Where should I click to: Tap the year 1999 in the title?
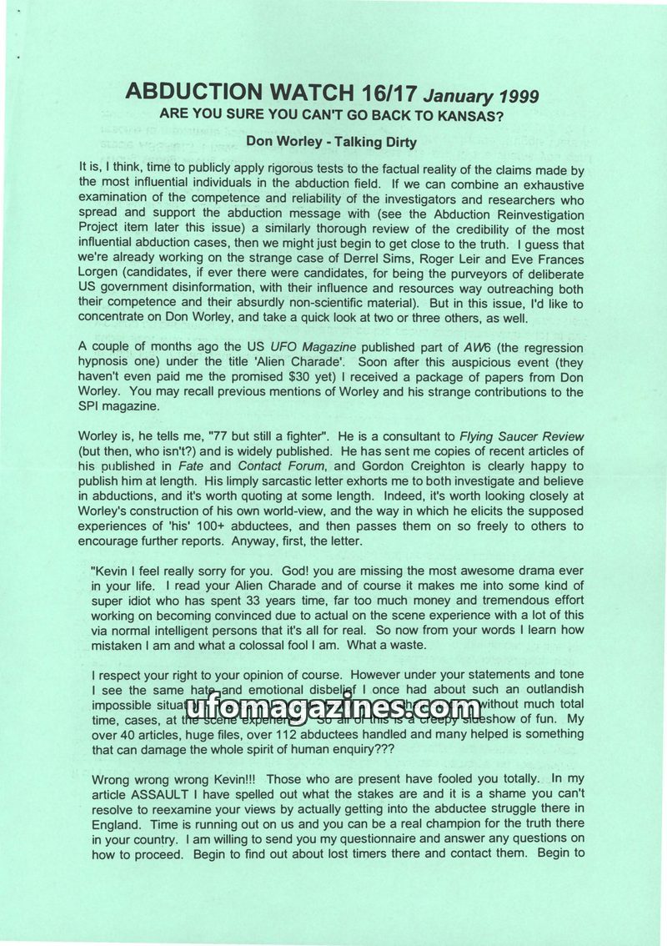point(515,96)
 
